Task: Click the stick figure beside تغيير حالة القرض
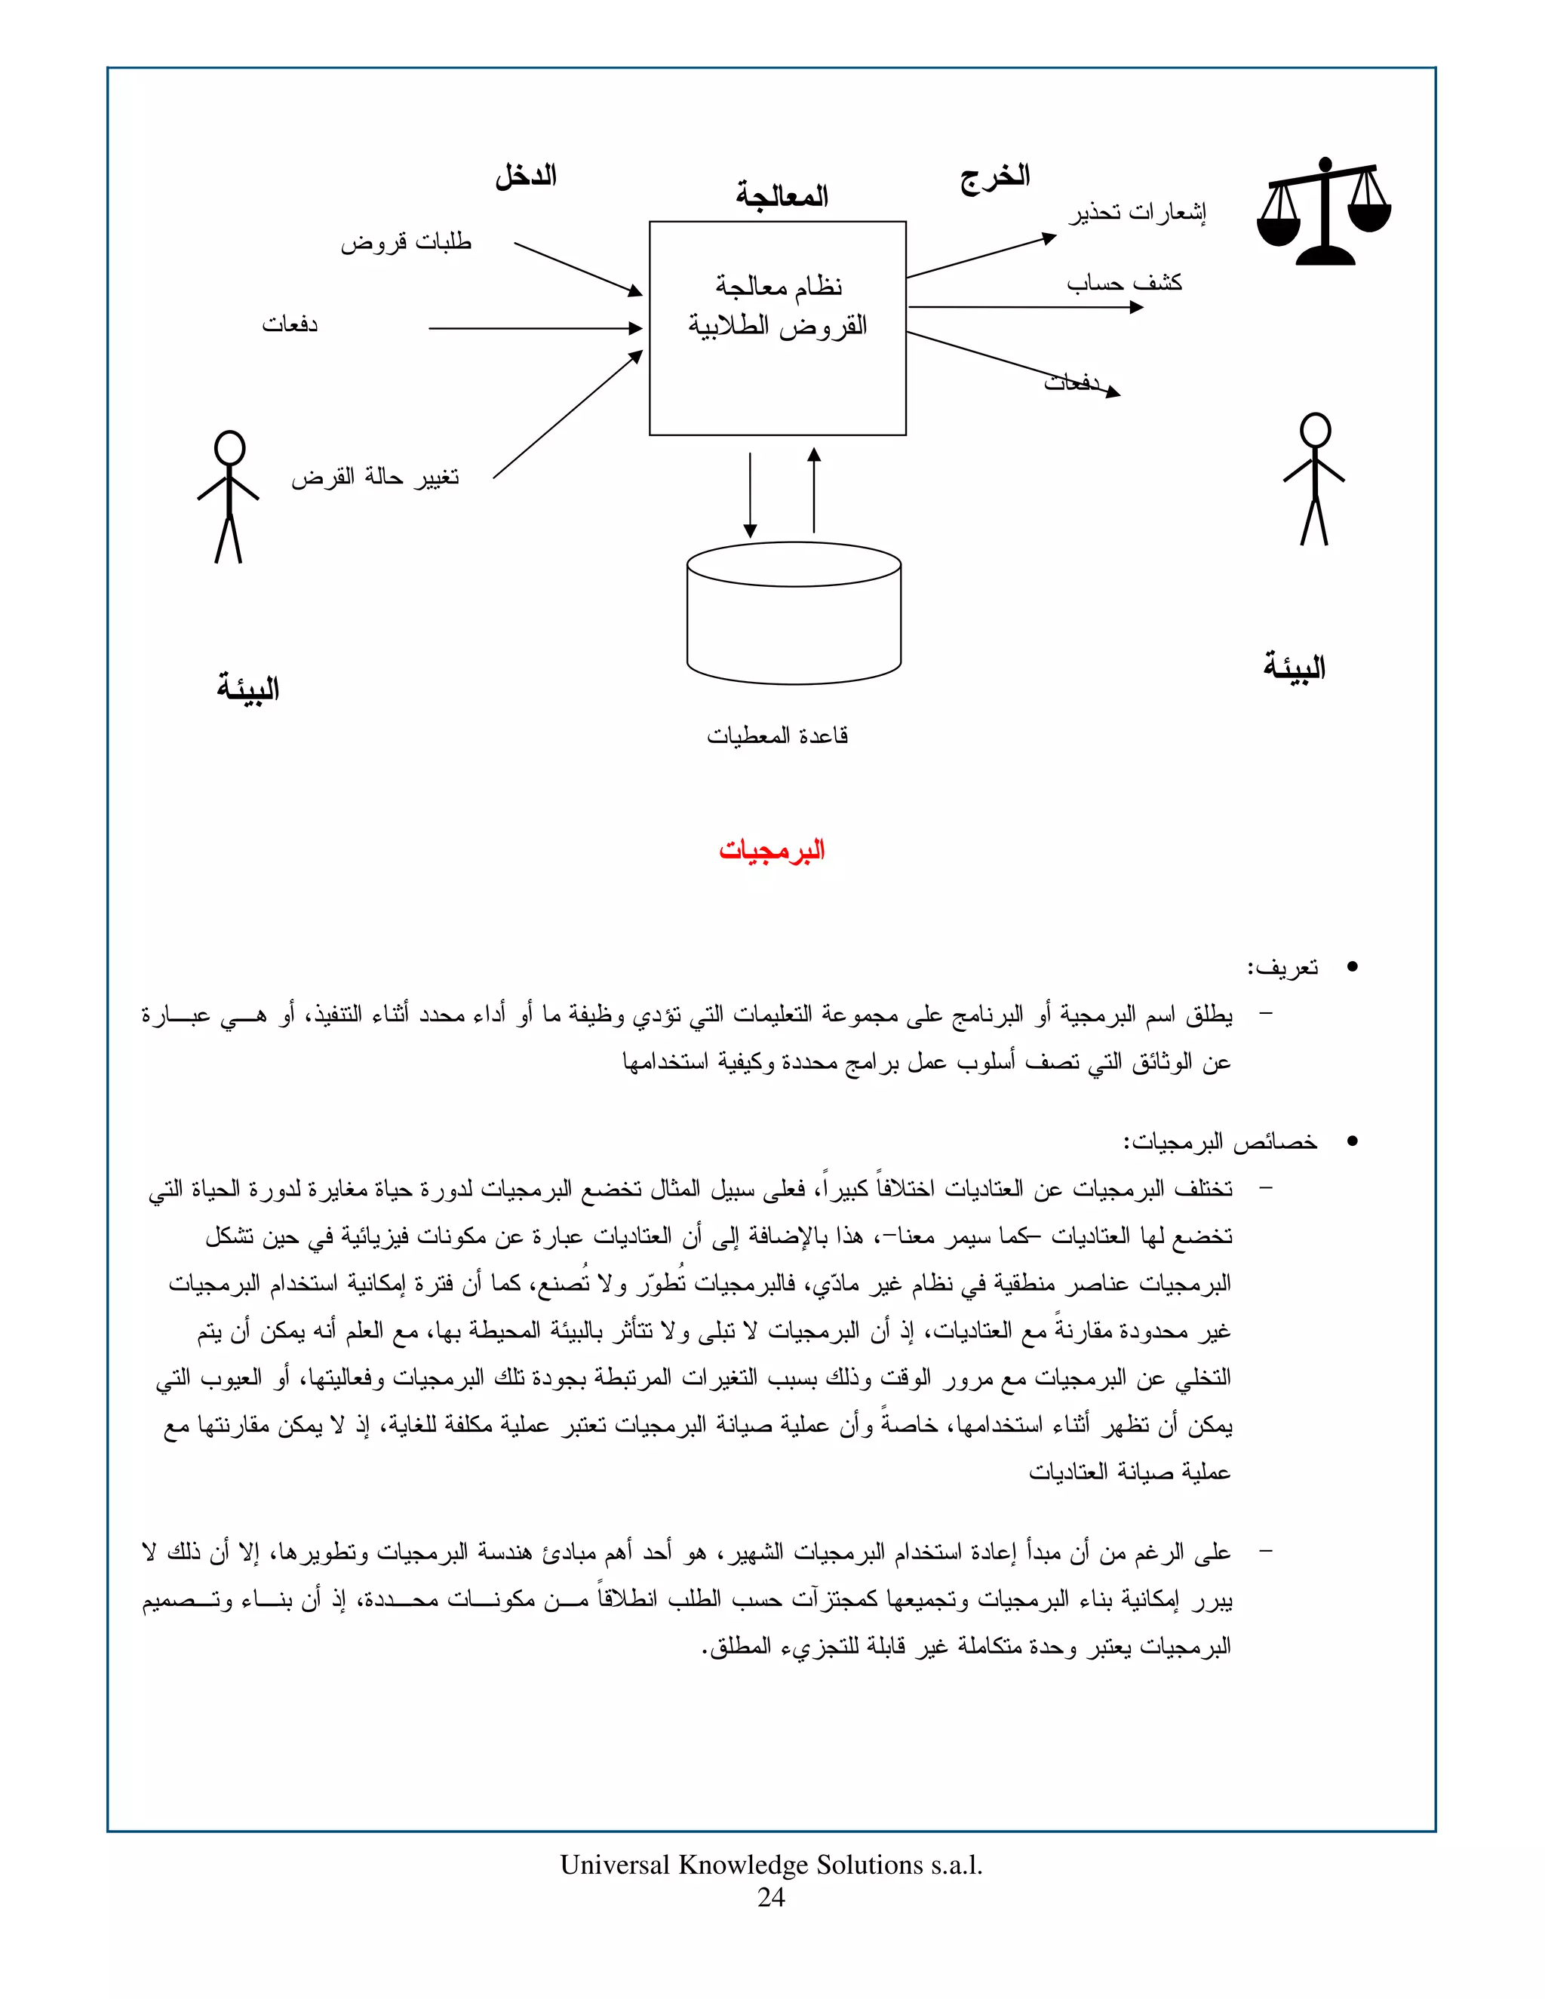coord(229,496)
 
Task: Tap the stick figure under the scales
coord(1314,480)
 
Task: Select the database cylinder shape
coord(794,613)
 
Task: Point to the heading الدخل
coord(527,176)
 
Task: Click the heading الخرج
coord(995,176)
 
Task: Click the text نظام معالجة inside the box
coord(779,287)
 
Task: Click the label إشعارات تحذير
coord(1137,213)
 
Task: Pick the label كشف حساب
coord(1124,283)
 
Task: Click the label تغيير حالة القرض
coord(375,477)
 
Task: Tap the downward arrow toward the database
coord(750,494)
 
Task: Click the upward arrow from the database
coord(814,490)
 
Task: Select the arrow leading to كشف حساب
coord(1025,308)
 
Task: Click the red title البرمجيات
coord(772,850)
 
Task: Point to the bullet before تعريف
coord(1352,968)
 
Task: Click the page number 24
coord(771,1897)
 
